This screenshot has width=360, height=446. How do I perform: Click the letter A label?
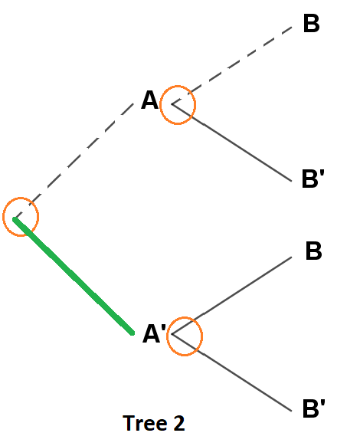(x=149, y=100)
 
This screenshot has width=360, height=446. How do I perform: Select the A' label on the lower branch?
(x=154, y=334)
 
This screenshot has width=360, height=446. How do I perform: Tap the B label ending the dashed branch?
(x=311, y=23)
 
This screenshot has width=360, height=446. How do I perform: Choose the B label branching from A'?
(x=313, y=251)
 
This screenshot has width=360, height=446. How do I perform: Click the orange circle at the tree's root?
(x=21, y=216)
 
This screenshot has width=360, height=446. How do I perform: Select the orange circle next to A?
(x=178, y=105)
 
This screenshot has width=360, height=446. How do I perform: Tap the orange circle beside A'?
(x=184, y=336)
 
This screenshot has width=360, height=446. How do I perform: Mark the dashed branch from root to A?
(x=77, y=162)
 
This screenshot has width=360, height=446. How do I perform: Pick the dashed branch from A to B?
(x=233, y=65)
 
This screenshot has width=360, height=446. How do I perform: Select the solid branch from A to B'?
(x=233, y=143)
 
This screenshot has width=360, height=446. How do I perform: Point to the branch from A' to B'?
(x=233, y=372)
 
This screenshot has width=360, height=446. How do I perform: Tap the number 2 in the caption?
(x=179, y=423)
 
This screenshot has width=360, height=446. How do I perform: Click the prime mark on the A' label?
(x=163, y=327)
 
